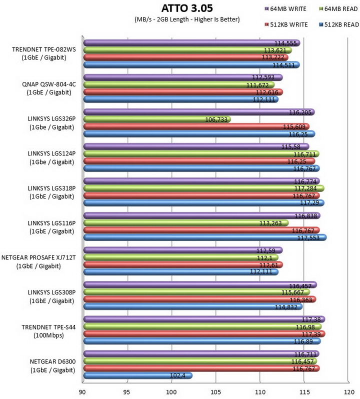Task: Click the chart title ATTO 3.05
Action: coord(187,8)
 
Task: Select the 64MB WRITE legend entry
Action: coord(285,9)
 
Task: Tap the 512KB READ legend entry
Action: coord(338,24)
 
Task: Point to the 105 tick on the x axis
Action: coord(215,392)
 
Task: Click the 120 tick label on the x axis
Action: coord(349,392)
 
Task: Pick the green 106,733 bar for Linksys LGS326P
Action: coord(157,119)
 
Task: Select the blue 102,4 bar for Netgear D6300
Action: coord(138,375)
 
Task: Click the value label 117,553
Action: coord(308,238)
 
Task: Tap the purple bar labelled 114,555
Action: coord(191,43)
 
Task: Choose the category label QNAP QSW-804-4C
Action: coord(49,84)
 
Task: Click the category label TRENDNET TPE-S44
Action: coord(48,327)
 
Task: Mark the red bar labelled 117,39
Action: coord(204,334)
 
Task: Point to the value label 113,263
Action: coord(270,223)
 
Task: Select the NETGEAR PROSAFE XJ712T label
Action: coord(38,258)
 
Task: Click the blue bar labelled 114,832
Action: coord(193,306)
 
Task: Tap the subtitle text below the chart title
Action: coord(187,19)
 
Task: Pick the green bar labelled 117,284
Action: coord(204,188)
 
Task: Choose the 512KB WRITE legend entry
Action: coord(286,24)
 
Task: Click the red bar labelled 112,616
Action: coord(183,92)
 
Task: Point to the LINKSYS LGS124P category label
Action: coord(51,153)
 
